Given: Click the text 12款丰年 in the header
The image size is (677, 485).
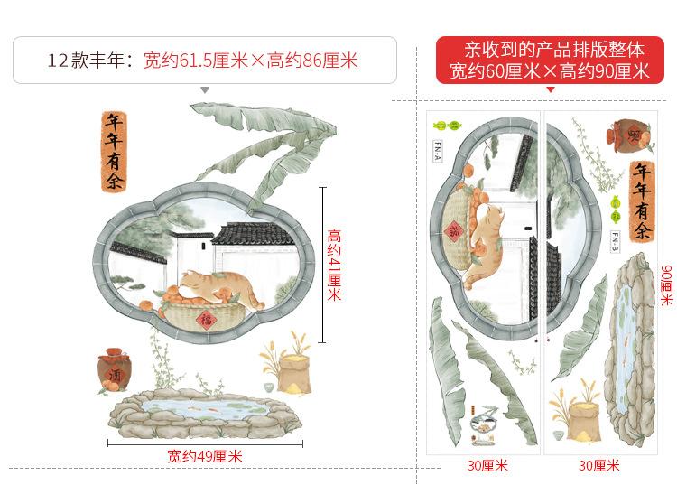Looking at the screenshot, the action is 89,61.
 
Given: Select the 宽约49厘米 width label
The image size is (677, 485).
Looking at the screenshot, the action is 205,457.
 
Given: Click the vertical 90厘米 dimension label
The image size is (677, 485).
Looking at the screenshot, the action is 666,285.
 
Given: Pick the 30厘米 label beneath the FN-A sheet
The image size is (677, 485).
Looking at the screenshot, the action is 487,466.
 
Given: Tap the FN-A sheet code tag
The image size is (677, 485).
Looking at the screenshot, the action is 438,150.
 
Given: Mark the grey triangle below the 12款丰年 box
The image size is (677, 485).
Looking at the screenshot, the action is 205,90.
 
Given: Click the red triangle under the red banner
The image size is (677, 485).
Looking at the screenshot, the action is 550,90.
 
